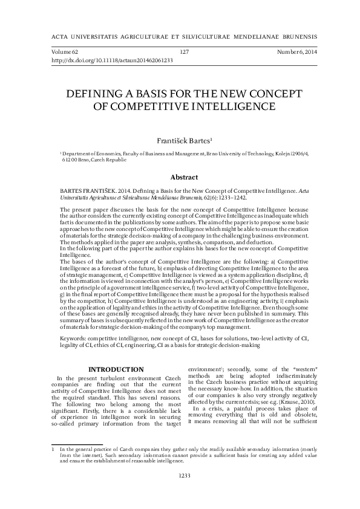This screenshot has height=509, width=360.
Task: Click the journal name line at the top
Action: click(180, 34)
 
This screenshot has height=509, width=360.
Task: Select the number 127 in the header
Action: click(185, 53)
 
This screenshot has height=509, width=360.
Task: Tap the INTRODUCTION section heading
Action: click(116, 369)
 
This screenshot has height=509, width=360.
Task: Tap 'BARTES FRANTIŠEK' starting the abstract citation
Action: click(87, 190)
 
